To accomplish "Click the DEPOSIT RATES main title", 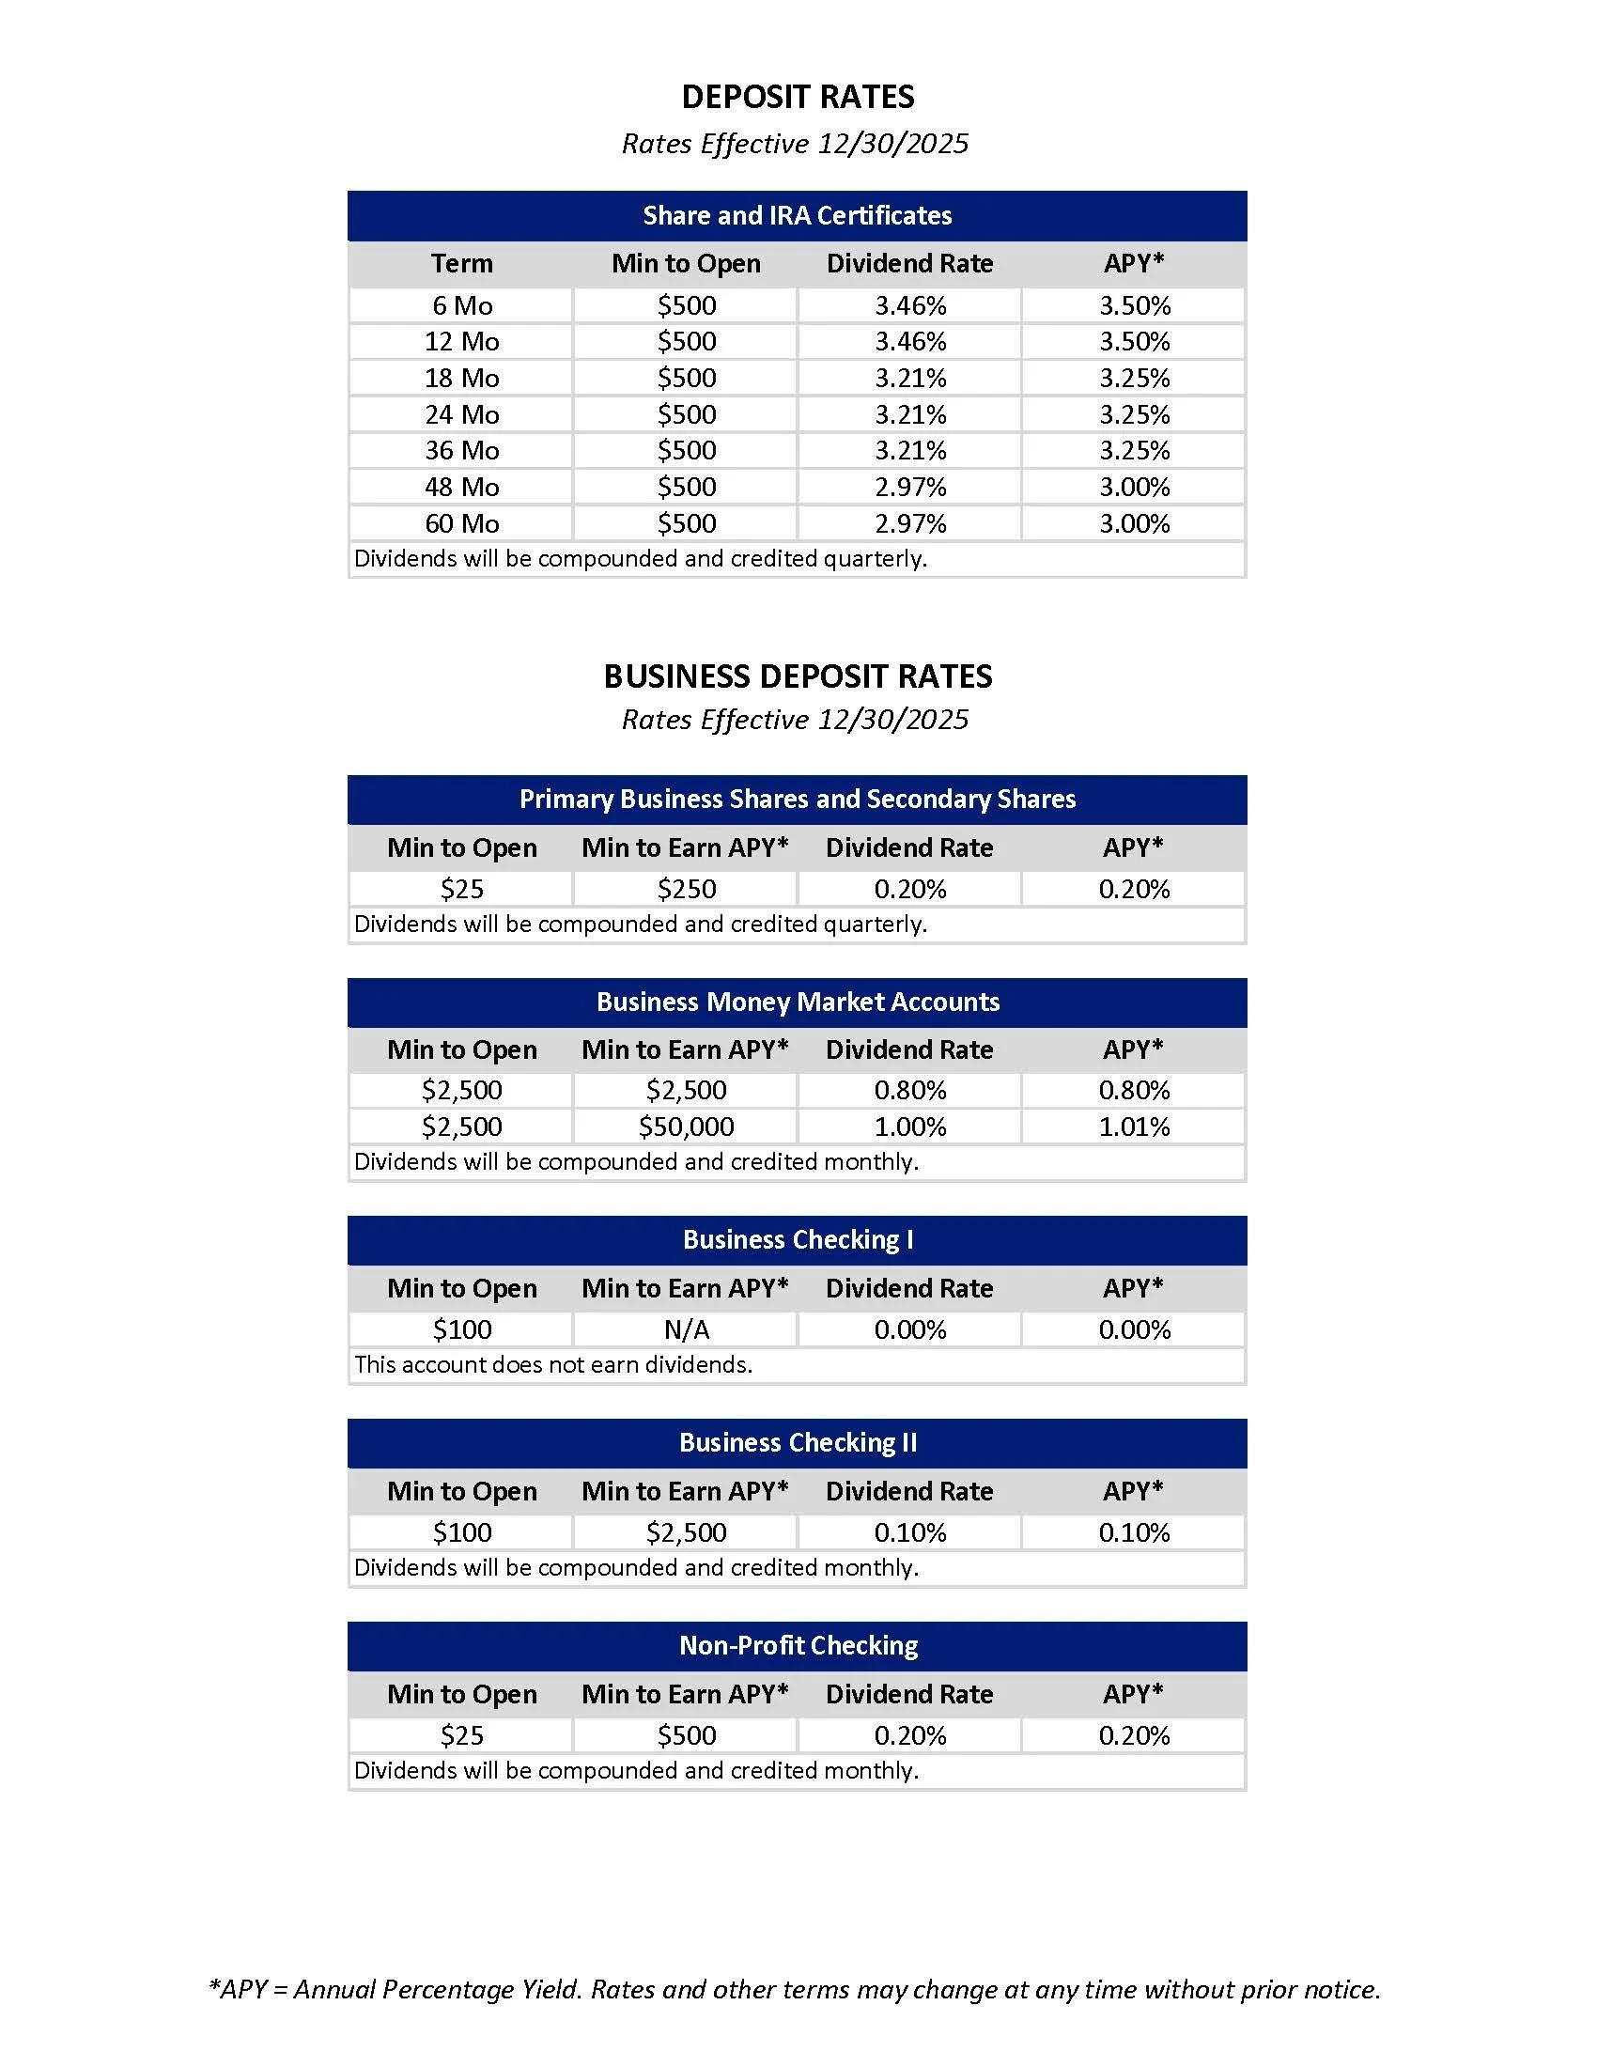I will click(798, 97).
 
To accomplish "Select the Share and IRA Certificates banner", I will click(798, 216).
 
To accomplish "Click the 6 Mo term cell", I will click(461, 305).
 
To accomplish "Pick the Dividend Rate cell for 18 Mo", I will click(910, 379).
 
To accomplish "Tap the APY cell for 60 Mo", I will click(1135, 523).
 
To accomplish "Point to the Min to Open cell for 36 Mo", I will click(687, 450).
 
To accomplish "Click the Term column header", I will click(461, 263).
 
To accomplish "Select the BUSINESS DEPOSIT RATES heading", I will click(798, 676).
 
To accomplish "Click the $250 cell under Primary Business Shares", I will click(687, 889).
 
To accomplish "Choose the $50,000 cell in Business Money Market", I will click(687, 1127).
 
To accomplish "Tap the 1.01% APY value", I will click(1135, 1127).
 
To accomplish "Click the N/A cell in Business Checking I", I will click(687, 1329).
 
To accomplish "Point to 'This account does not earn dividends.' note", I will click(553, 1365).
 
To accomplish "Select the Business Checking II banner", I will click(798, 1442).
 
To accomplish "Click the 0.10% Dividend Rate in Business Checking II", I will click(910, 1532).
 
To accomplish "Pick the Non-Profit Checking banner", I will click(798, 1646).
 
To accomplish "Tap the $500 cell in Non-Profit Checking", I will click(687, 1735).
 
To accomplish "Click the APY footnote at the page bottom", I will click(794, 1989).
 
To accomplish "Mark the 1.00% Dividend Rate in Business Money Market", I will click(910, 1127).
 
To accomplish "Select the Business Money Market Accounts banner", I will click(798, 1002).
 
